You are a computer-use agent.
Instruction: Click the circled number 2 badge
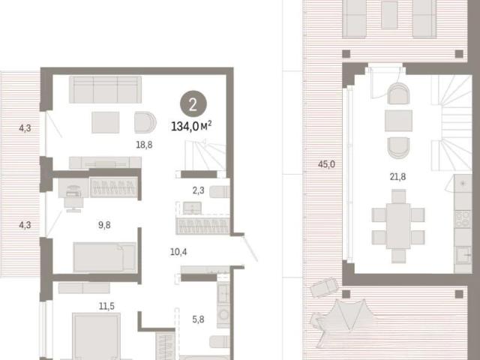point(193,104)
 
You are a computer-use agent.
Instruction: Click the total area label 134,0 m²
point(191,126)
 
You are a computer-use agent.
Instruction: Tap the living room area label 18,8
point(144,145)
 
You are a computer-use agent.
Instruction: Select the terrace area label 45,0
point(326,164)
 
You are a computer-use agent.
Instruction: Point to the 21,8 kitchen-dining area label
point(397,177)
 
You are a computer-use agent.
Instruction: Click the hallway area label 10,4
point(178,252)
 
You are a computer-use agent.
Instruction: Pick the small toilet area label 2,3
point(198,190)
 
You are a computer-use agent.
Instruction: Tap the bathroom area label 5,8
point(198,319)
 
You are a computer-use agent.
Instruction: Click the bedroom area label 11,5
point(106,306)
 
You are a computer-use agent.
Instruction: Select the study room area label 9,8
point(104,225)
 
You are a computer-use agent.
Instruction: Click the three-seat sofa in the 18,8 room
point(105,89)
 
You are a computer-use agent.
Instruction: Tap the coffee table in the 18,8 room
point(105,122)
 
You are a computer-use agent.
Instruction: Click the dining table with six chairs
point(398,226)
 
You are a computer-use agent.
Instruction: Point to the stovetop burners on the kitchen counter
point(463,218)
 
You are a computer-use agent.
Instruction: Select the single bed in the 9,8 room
point(105,257)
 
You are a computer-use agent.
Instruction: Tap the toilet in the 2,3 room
point(220,192)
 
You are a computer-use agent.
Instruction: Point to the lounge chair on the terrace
point(324,287)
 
